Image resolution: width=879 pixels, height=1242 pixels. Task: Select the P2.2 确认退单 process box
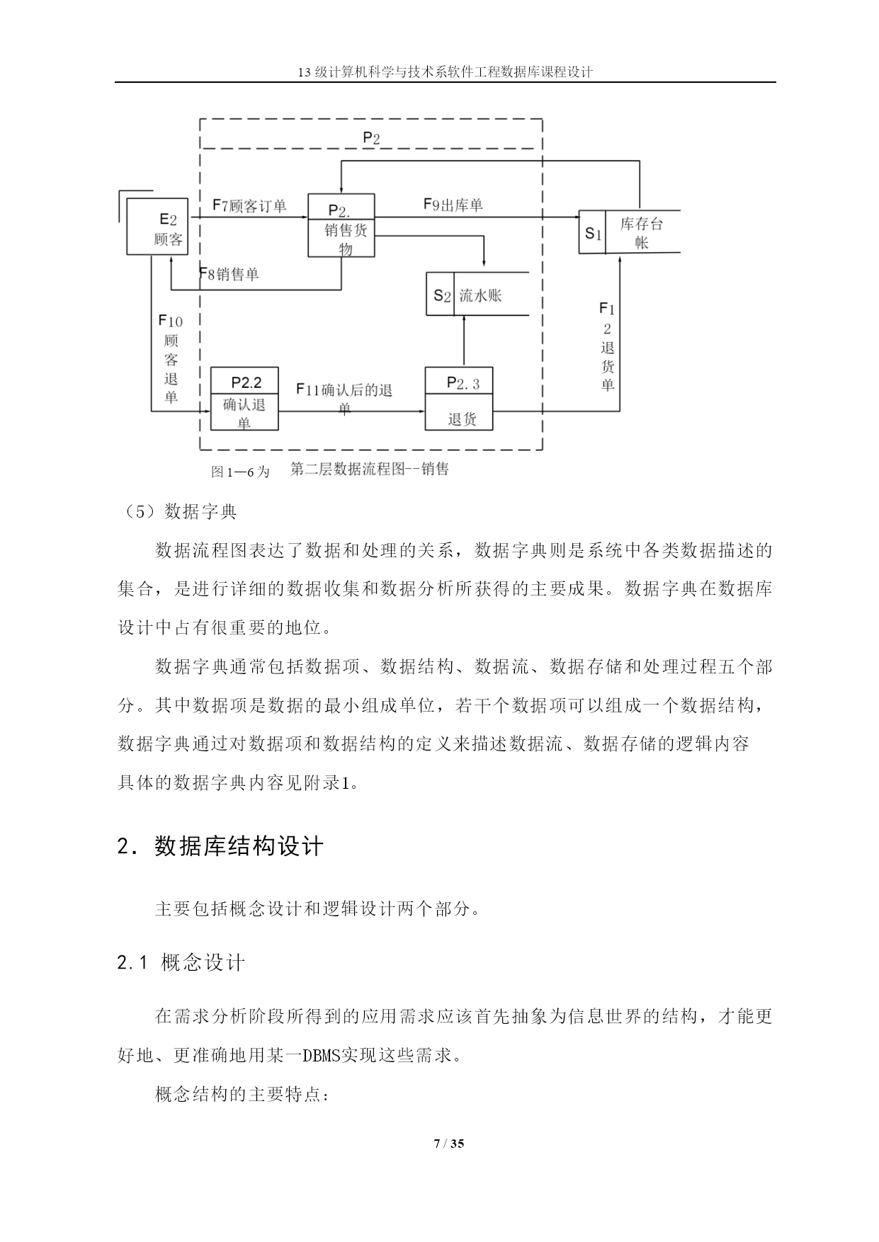pos(244,399)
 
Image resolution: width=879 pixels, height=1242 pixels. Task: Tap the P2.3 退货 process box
pos(458,399)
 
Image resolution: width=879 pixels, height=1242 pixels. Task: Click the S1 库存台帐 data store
pos(630,232)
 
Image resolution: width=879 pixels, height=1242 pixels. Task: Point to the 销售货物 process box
pos(341,225)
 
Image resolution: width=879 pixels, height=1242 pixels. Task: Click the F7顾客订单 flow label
pos(249,206)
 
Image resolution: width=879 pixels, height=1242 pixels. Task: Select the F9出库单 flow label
pos(453,205)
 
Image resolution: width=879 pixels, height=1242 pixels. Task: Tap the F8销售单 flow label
pos(229,274)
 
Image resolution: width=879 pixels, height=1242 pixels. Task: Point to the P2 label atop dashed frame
pos(371,138)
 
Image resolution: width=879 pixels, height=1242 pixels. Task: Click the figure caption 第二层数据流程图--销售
pos(370,469)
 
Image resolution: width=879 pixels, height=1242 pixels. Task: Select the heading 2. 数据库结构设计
pos(220,846)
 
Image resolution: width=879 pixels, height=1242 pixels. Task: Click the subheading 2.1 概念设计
pos(181,963)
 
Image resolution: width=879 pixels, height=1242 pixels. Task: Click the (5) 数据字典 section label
pos(177,511)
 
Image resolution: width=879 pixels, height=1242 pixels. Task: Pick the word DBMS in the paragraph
pos(322,1056)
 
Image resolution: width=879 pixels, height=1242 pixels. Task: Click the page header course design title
pos(446,72)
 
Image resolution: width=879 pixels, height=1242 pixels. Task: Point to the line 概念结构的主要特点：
pos(242,1095)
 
